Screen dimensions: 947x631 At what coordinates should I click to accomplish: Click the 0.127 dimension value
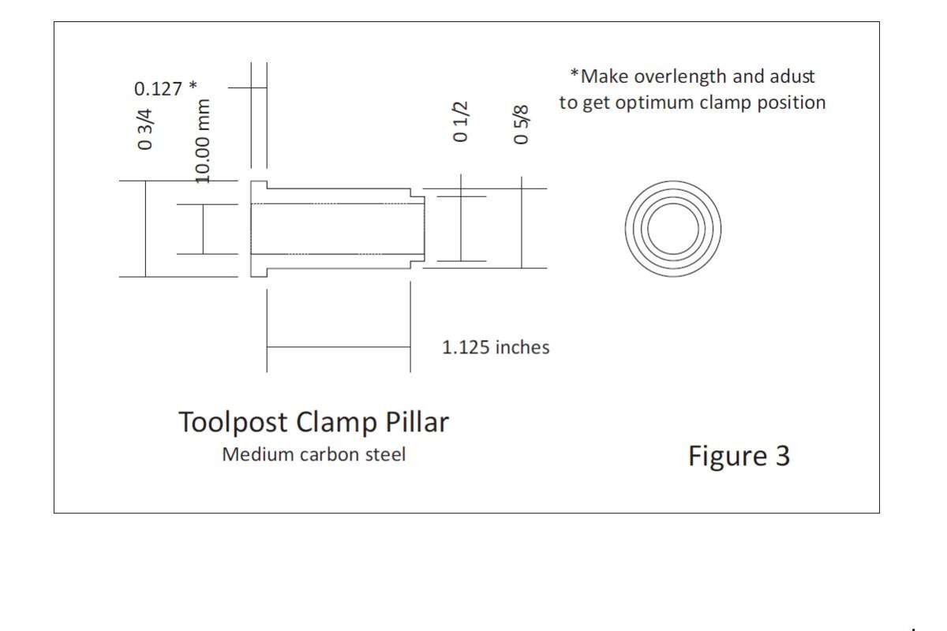pos(158,89)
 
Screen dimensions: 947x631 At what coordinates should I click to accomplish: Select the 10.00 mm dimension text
pos(203,142)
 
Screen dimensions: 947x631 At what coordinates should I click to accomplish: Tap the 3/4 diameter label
pos(144,129)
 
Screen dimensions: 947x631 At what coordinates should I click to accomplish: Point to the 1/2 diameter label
pos(460,121)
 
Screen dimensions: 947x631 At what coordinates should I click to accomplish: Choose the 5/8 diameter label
pos(521,125)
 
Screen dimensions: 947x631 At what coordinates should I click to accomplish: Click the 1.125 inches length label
pos(496,347)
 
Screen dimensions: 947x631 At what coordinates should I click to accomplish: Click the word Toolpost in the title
pos(233,422)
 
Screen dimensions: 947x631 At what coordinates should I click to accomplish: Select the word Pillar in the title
pos(417,421)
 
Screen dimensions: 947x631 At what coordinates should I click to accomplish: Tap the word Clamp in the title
pos(336,422)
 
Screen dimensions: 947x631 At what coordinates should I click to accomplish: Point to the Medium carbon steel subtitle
pos(314,455)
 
